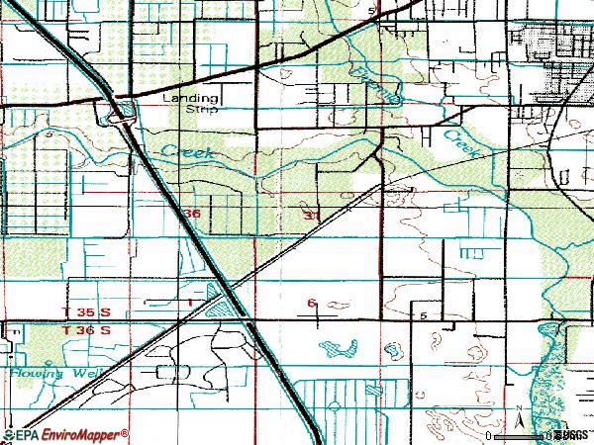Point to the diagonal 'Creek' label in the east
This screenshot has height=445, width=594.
tap(460, 141)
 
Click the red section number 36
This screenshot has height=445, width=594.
tap(193, 214)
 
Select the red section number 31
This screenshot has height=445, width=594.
tap(311, 214)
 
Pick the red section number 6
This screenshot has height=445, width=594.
tap(311, 303)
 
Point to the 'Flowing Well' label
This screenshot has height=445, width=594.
tap(48, 374)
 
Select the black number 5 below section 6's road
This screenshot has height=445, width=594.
tap(423, 314)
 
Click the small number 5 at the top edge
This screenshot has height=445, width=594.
tap(371, 9)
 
